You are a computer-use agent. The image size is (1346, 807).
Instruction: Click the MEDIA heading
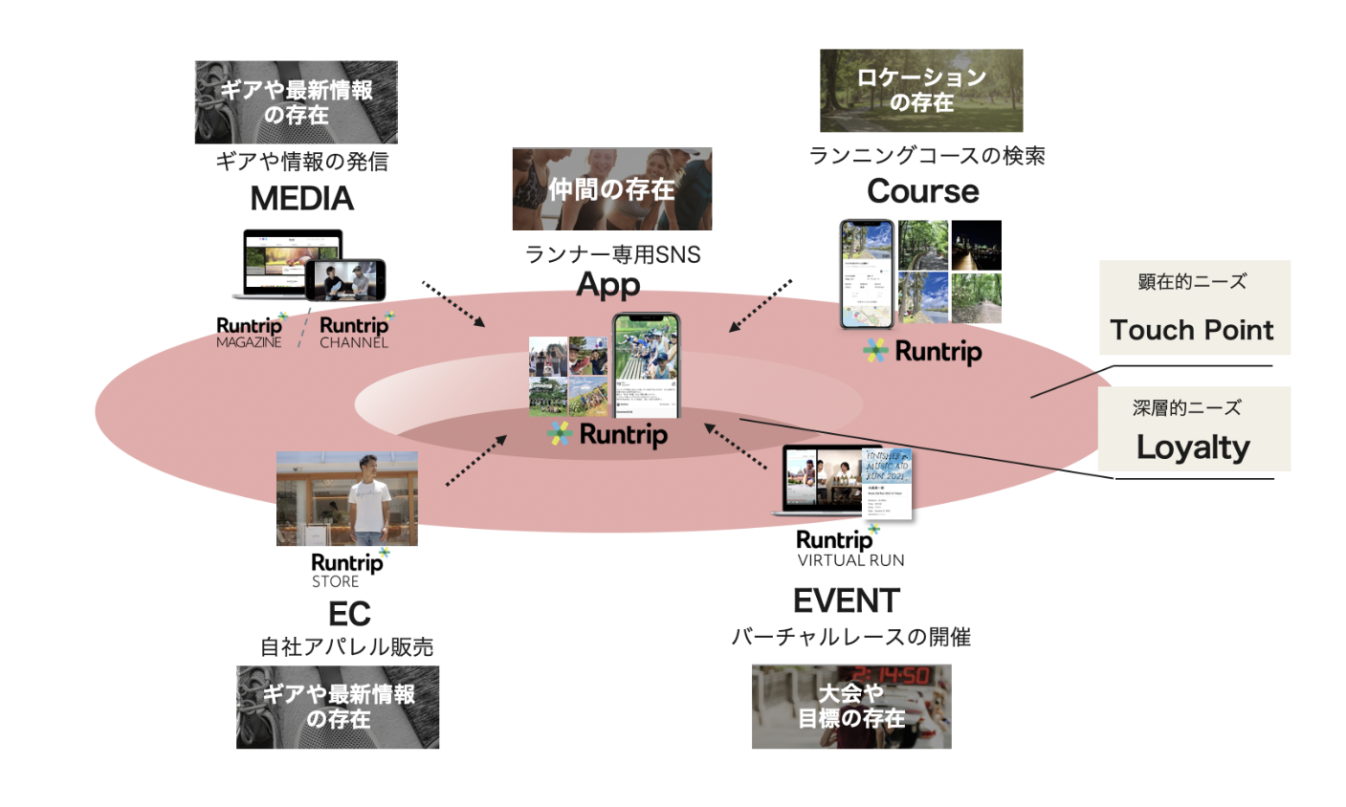pyautogui.click(x=301, y=199)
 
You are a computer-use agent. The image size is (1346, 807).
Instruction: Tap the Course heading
pyautogui.click(x=922, y=191)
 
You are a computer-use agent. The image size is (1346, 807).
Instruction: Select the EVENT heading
pyautogui.click(x=846, y=600)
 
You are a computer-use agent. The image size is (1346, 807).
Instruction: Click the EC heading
pyautogui.click(x=348, y=613)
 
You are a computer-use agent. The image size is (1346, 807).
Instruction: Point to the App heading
pyautogui.click(x=608, y=284)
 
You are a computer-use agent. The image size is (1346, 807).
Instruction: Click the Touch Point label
pyautogui.click(x=1191, y=330)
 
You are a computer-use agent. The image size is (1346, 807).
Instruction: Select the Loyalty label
pyautogui.click(x=1192, y=447)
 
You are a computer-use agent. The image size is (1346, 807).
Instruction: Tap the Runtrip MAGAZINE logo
pyautogui.click(x=251, y=331)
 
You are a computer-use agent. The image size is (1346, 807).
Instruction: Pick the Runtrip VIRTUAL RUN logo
pyautogui.click(x=848, y=548)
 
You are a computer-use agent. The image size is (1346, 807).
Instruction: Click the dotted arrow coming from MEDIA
pyautogui.click(x=453, y=305)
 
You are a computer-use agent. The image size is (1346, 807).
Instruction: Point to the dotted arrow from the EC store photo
pyautogui.click(x=475, y=460)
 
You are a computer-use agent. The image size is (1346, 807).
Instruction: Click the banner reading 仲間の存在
pyautogui.click(x=611, y=189)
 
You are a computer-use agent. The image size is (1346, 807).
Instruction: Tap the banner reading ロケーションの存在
pyautogui.click(x=920, y=91)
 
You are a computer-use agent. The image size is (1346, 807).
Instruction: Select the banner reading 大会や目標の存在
pyautogui.click(x=850, y=706)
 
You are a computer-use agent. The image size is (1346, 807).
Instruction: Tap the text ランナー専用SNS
pyautogui.click(x=612, y=254)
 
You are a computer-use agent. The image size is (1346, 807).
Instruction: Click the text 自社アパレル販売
pyautogui.click(x=347, y=647)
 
